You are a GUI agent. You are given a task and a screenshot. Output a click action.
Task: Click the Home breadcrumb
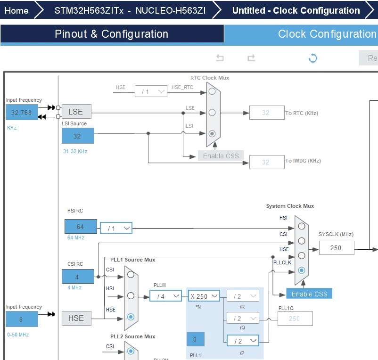16,10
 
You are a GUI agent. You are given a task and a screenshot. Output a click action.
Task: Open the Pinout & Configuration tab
111,34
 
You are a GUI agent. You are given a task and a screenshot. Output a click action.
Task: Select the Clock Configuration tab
327,34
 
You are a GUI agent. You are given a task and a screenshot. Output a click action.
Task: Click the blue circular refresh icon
313,58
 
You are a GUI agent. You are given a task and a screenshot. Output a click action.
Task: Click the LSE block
76,112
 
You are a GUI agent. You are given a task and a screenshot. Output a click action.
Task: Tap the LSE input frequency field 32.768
22,112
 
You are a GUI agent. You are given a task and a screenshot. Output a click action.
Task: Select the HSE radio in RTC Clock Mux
212,91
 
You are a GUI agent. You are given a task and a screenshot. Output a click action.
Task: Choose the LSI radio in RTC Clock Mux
212,133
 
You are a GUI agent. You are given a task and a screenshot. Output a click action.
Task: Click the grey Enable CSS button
221,156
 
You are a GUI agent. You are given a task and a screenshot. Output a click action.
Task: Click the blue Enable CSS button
309,294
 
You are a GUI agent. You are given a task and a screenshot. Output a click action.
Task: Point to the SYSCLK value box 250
337,248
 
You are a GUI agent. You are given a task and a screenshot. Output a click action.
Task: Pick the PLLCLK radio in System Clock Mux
302,270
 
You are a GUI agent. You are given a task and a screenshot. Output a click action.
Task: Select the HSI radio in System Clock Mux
302,226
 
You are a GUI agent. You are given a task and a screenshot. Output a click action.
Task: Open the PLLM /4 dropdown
165,296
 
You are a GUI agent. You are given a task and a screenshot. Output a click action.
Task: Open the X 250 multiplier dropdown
204,296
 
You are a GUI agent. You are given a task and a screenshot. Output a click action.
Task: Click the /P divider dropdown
243,341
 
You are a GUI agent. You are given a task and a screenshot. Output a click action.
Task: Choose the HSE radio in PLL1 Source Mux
131,317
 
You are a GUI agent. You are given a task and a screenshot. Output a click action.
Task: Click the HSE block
76,319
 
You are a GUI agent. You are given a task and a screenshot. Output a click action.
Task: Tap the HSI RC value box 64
81,227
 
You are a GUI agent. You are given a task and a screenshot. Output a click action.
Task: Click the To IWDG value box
267,162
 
